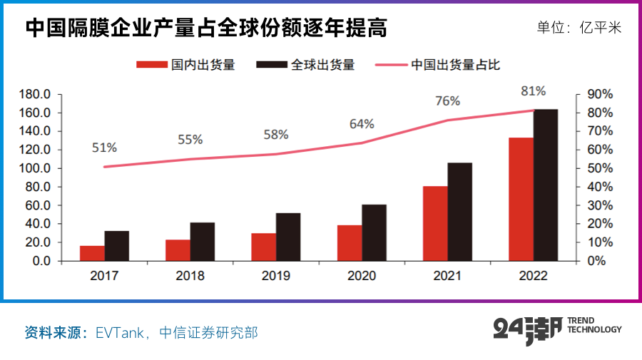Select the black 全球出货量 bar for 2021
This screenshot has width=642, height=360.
coord(460,212)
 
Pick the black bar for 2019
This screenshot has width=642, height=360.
coord(288,237)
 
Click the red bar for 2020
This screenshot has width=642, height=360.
coord(350,243)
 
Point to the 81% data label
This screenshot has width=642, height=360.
coord(534,91)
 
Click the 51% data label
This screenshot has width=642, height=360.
coord(104,148)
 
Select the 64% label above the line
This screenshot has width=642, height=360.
coord(362,124)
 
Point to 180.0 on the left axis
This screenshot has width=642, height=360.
coord(35,94)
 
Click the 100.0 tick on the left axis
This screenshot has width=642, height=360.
coord(35,168)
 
